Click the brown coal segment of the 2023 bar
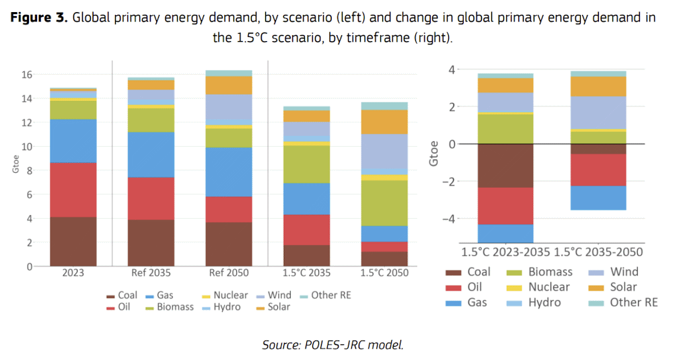pyautogui.click(x=73, y=241)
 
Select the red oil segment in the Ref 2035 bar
pyautogui.click(x=151, y=198)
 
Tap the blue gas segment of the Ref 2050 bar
pyautogui.click(x=229, y=172)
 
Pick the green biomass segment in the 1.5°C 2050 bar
pyautogui.click(x=385, y=203)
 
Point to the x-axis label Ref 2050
pyautogui.click(x=229, y=275)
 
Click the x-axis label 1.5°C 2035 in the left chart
pyautogui.click(x=306, y=275)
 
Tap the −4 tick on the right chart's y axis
pyautogui.click(x=448, y=219)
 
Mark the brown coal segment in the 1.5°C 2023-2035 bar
pyautogui.click(x=505, y=165)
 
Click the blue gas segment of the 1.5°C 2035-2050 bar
pyautogui.click(x=598, y=198)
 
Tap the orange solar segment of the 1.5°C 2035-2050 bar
pyautogui.click(x=598, y=86)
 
